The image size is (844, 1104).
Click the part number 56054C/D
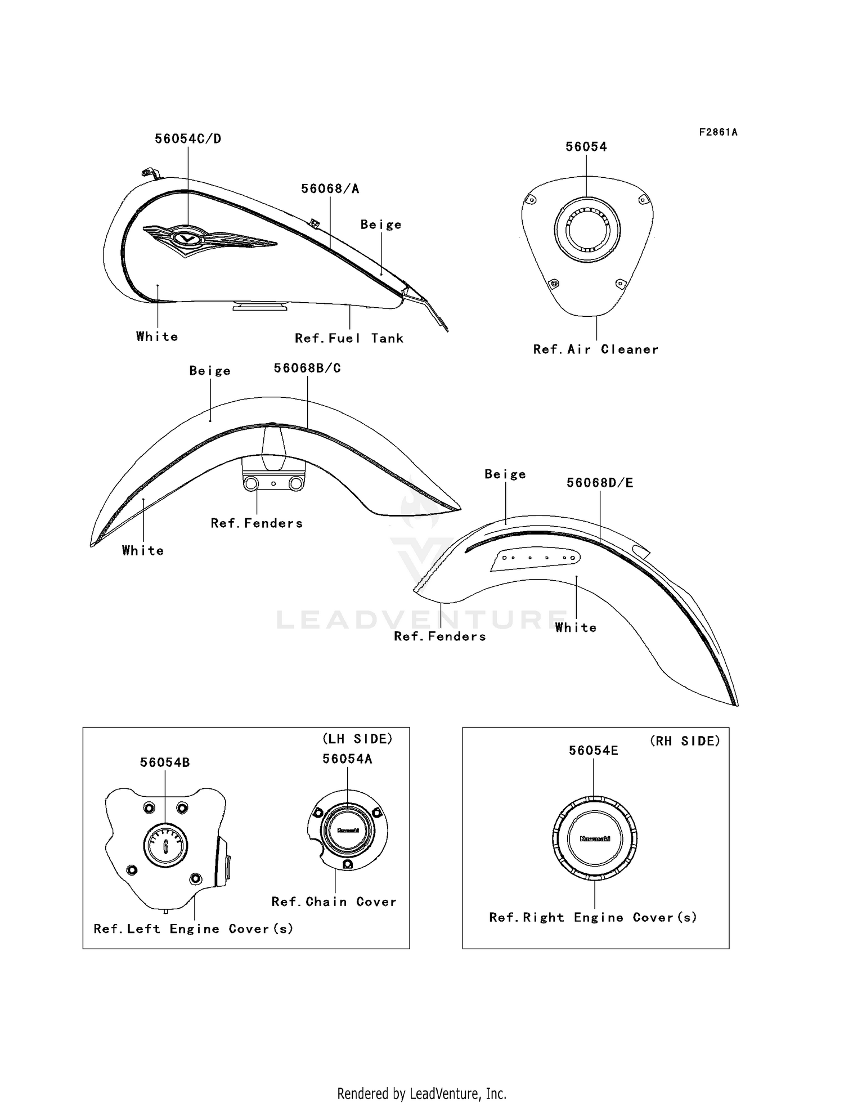188,139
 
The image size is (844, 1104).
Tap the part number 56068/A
330,189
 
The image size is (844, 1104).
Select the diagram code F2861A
719,132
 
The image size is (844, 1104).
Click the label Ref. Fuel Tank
349,338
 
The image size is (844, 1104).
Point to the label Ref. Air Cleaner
595,349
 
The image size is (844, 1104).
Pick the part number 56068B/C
307,368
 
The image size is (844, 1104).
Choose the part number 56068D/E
600,483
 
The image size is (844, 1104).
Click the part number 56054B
165,762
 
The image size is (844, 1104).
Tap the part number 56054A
347,759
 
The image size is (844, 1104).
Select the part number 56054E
594,751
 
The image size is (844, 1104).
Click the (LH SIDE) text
357,739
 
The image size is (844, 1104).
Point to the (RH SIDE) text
685,741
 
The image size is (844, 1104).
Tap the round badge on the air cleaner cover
587,230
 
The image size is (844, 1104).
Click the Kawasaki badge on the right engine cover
595,838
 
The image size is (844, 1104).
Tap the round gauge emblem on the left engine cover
165,845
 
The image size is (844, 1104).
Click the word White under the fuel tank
157,336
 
